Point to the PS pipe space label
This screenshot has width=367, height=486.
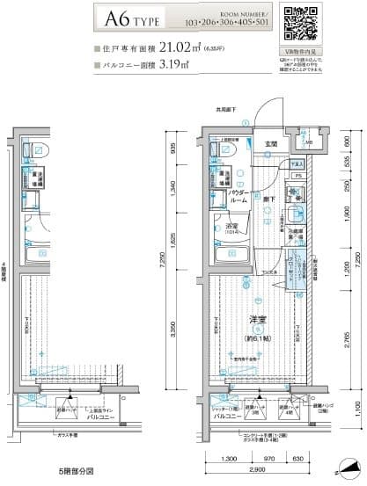297,176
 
